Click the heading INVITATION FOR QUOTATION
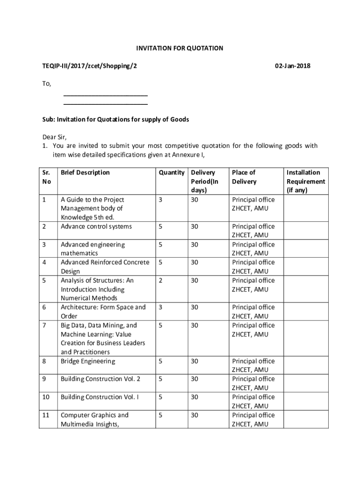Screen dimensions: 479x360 pyautogui.click(x=180, y=48)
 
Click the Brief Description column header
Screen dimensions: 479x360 pyautogui.click(x=85, y=173)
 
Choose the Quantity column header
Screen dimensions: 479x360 pyautogui.click(x=171, y=173)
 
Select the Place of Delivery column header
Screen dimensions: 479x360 pyautogui.click(x=244, y=177)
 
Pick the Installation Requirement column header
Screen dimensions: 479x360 pyautogui.click(x=306, y=181)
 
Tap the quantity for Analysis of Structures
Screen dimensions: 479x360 pyautogui.click(x=160, y=280)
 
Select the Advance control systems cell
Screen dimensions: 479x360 pyautogui.click(x=96, y=226)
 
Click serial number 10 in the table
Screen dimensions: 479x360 pyautogui.click(x=46, y=397)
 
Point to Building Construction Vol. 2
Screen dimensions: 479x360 pyautogui.click(x=101, y=379)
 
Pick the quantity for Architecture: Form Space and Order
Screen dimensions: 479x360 pyautogui.click(x=160, y=307)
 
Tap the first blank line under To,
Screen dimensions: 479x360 pyautogui.click(x=106, y=95)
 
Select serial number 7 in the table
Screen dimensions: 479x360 pyautogui.click(x=44, y=325)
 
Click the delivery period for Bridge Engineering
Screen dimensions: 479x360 pyautogui.click(x=194, y=361)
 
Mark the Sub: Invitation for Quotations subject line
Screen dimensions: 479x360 pyautogui.click(x=115, y=119)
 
